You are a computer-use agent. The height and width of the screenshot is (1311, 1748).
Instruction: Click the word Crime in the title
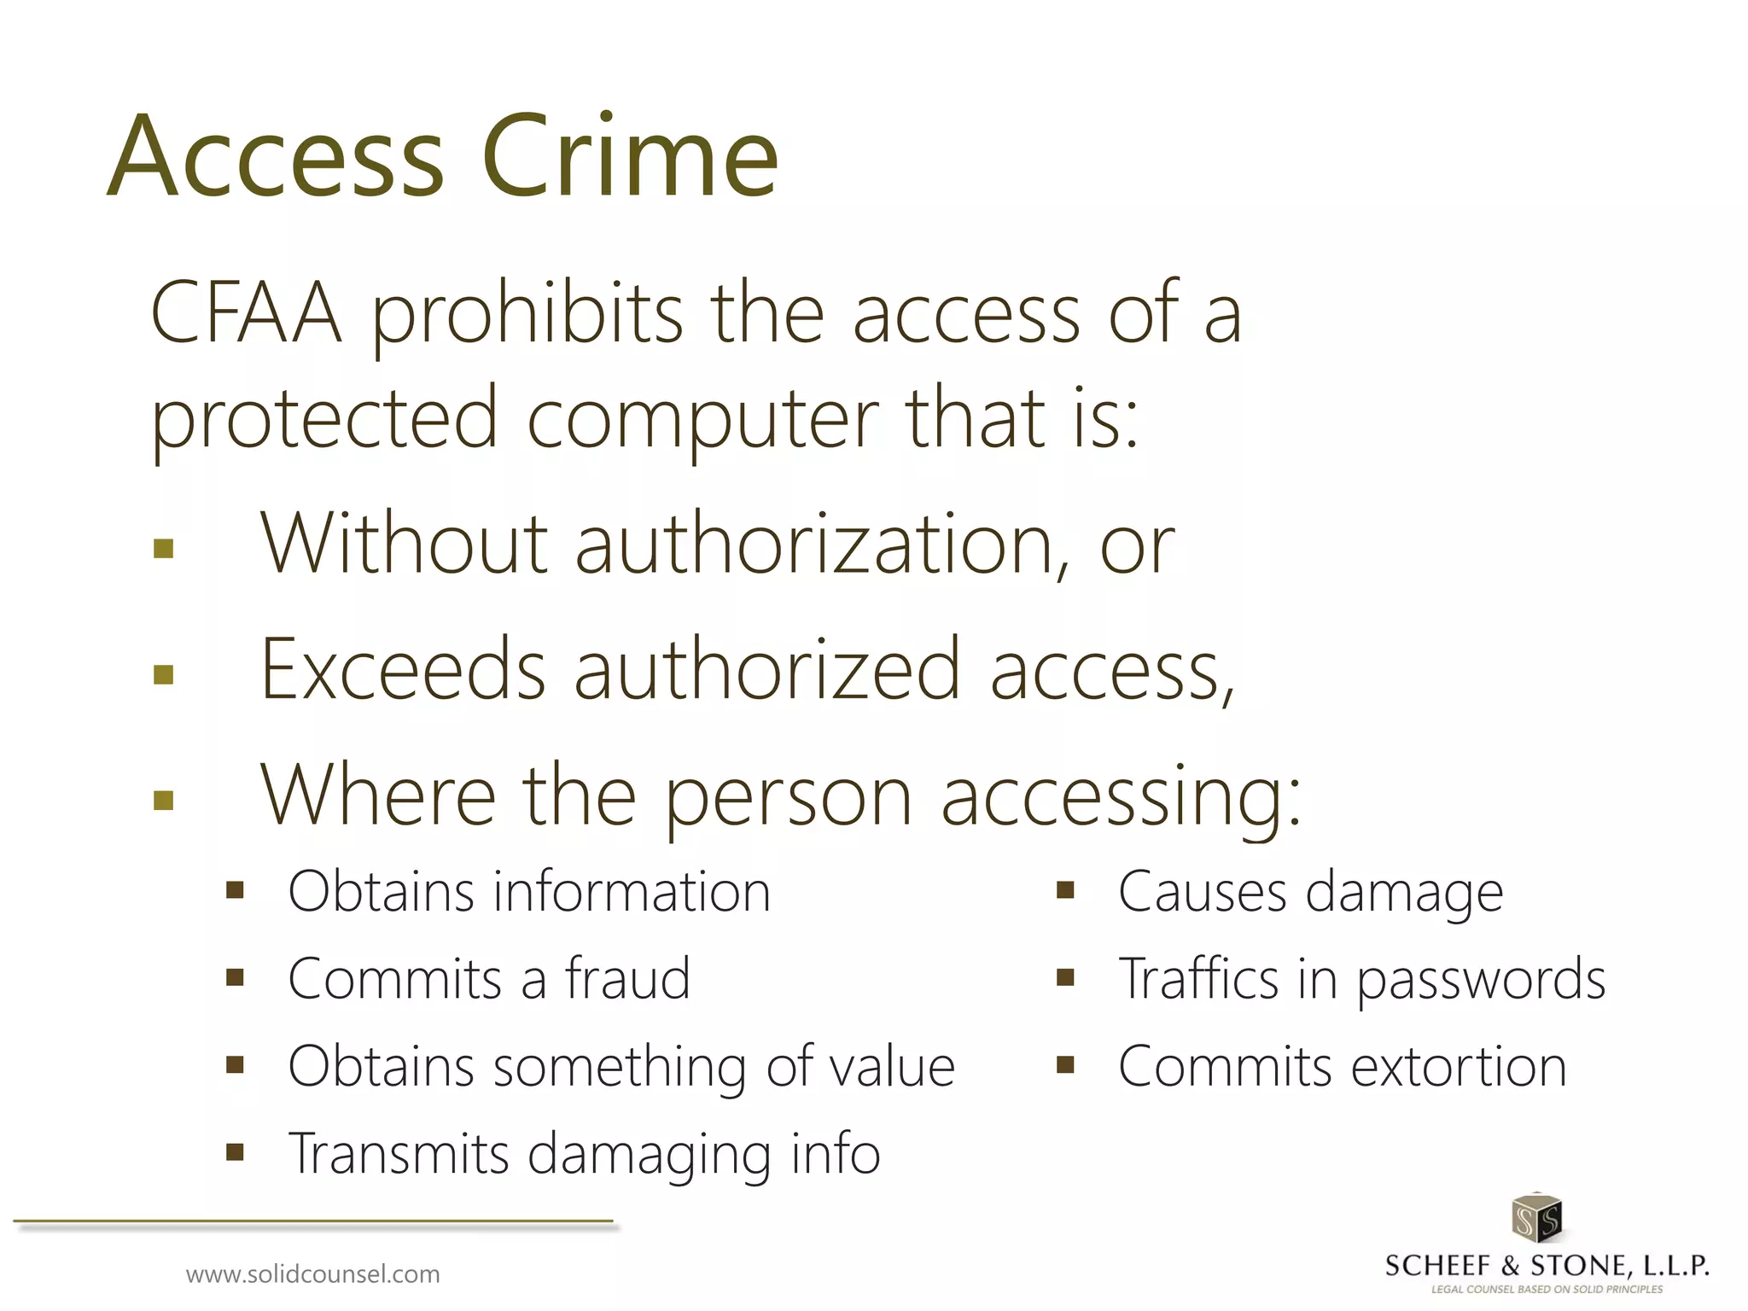pyautogui.click(x=630, y=158)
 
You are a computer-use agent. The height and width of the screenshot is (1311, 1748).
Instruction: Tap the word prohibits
pyautogui.click(x=527, y=316)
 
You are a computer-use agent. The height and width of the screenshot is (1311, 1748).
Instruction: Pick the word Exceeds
pyautogui.click(x=403, y=670)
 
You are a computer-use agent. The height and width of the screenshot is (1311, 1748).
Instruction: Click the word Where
pyautogui.click(x=377, y=795)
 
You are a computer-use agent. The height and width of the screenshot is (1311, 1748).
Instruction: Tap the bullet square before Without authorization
pyautogui.click(x=164, y=548)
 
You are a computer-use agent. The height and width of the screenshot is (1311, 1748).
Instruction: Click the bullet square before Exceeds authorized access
pyautogui.click(x=164, y=675)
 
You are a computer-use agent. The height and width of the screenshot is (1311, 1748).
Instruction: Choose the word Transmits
pyautogui.click(x=399, y=1153)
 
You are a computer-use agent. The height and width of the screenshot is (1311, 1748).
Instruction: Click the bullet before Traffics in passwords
pyautogui.click(x=1065, y=977)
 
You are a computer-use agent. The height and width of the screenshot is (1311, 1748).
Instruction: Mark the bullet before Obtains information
pyautogui.click(x=236, y=891)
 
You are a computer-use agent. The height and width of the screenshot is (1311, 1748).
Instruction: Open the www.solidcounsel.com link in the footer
pyautogui.click(x=313, y=1274)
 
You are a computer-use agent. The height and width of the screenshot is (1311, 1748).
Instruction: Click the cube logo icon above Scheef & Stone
pyautogui.click(x=1536, y=1218)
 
